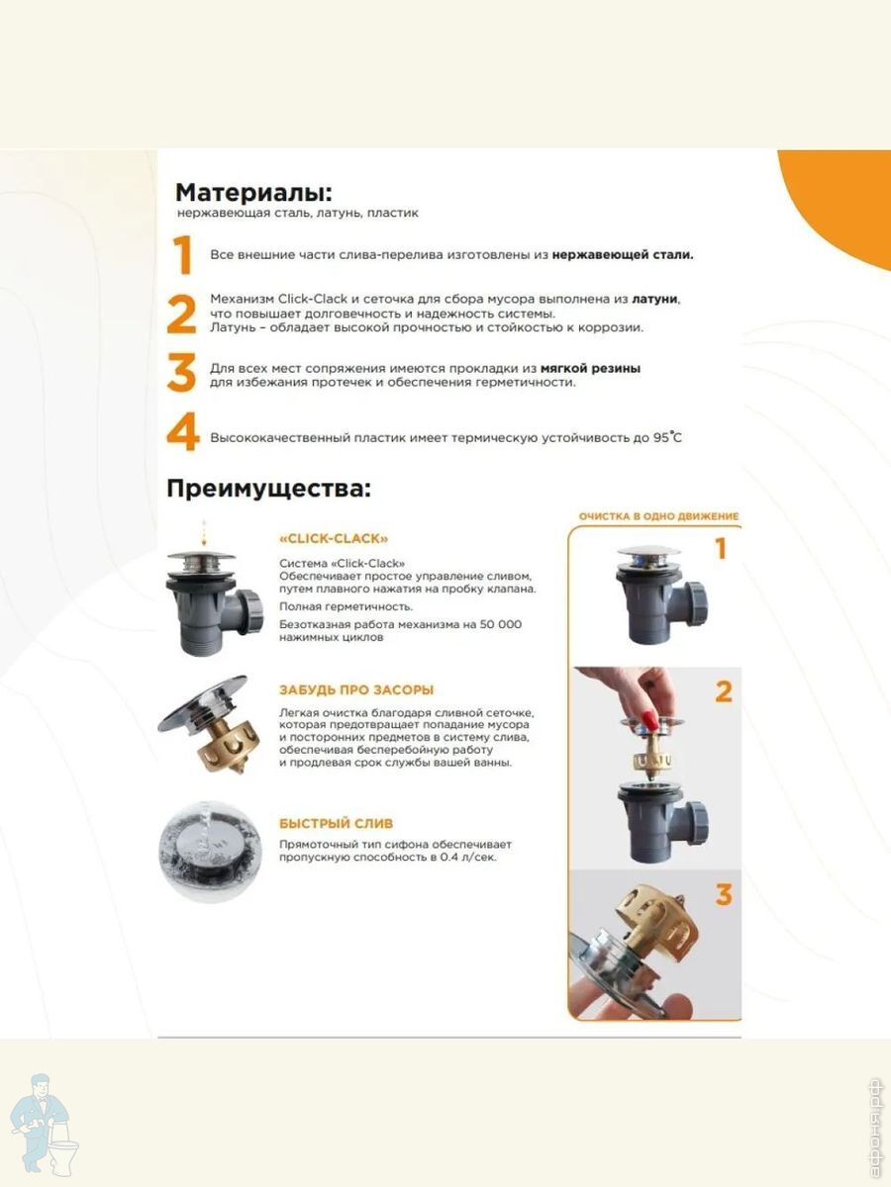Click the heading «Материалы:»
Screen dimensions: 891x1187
[x=253, y=193]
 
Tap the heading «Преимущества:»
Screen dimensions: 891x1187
[x=269, y=489]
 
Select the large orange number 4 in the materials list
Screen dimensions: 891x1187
[x=183, y=431]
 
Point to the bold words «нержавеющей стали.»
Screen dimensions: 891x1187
[x=622, y=254]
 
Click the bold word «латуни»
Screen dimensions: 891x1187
[x=654, y=299]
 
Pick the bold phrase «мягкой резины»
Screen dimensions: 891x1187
[x=590, y=368]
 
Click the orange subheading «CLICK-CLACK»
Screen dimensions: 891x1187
[x=334, y=539]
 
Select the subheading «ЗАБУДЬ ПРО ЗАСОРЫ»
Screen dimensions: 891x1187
[x=356, y=690]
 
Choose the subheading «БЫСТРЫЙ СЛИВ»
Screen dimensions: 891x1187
[x=336, y=824]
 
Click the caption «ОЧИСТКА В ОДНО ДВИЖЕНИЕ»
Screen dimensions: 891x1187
[x=658, y=516]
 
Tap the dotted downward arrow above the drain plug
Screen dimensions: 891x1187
[x=204, y=533]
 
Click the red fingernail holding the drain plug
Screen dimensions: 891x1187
[x=649, y=719]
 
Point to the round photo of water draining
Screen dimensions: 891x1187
[x=210, y=852]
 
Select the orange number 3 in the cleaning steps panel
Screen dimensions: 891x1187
[x=724, y=894]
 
